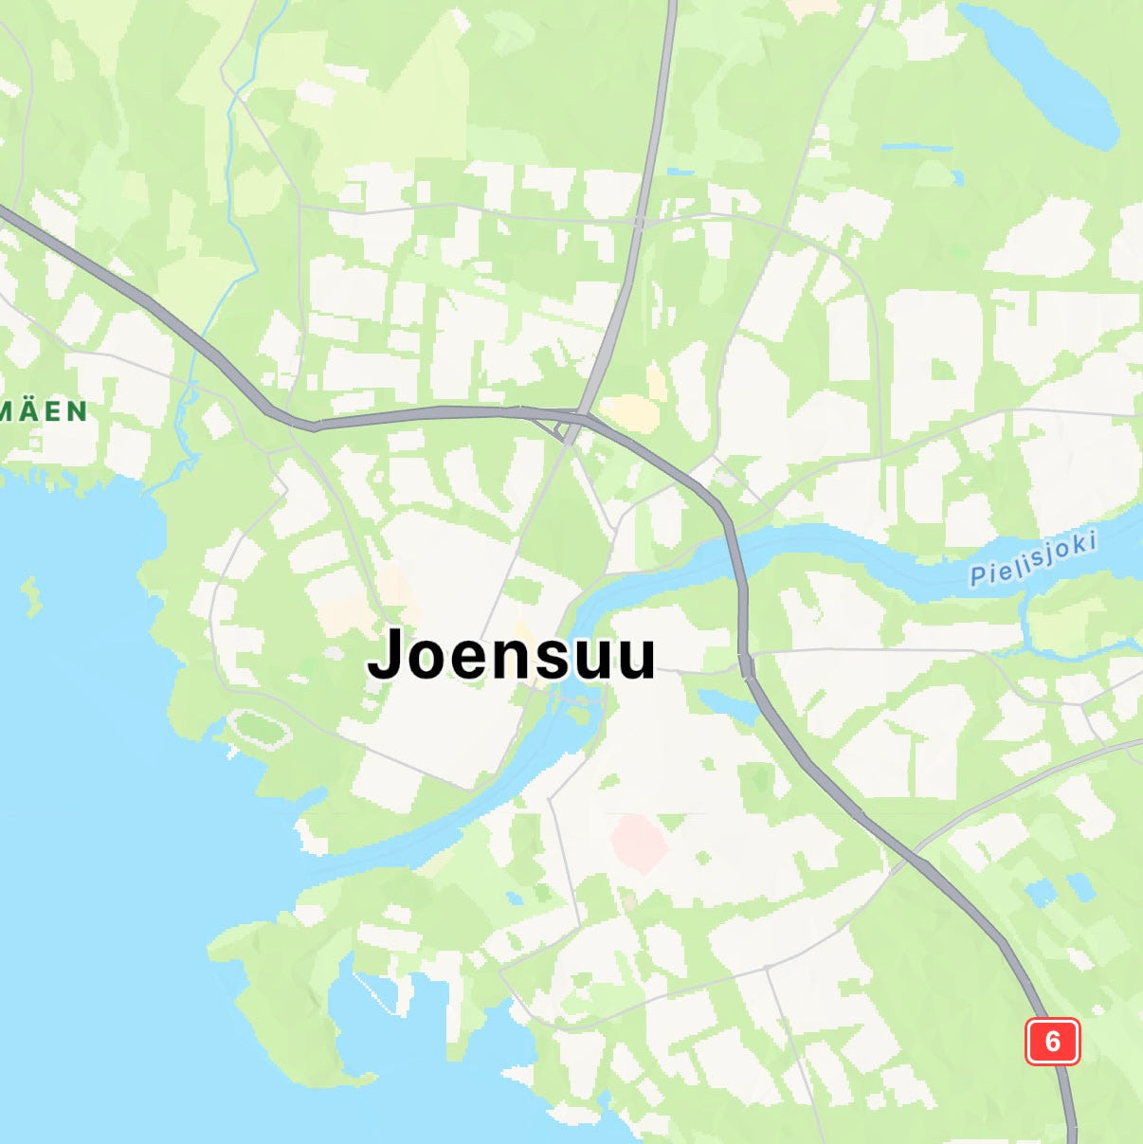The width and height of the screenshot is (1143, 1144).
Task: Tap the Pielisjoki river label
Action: click(1033, 558)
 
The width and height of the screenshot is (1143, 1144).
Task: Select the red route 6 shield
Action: click(1052, 1041)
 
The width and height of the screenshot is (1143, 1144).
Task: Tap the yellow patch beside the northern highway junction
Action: click(629, 413)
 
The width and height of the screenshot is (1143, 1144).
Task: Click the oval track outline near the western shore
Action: click(259, 730)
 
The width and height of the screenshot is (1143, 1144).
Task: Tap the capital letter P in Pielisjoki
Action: click(977, 574)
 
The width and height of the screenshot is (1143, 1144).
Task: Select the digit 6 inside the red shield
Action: click(1052, 1041)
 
